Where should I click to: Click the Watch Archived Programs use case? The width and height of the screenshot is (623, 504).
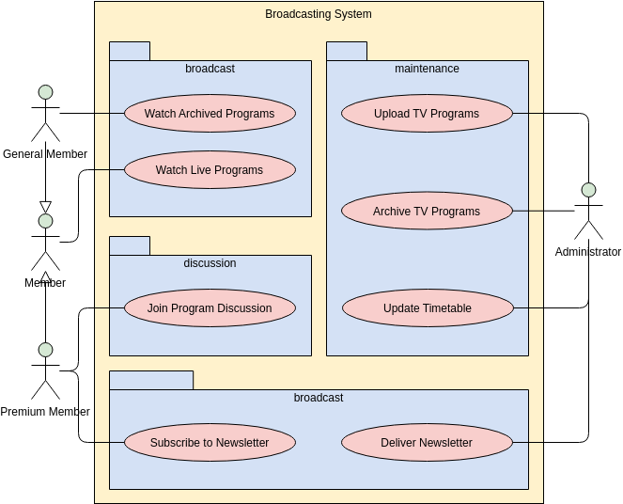coord(210,114)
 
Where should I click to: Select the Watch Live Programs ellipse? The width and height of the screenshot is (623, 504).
coord(210,170)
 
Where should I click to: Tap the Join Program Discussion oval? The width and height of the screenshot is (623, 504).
coord(210,308)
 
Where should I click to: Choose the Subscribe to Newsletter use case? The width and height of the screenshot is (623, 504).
coord(210,443)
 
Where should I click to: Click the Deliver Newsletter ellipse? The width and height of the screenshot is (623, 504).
coord(427,443)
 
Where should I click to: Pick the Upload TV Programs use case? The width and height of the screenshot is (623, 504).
coord(427,114)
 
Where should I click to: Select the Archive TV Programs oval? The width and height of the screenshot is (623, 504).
coord(427,212)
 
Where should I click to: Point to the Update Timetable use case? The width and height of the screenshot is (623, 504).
coord(427,308)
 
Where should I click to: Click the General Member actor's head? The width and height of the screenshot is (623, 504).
coord(45,92)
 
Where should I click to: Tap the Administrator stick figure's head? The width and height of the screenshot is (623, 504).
coord(589,190)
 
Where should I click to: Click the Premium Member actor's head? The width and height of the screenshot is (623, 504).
coord(45,350)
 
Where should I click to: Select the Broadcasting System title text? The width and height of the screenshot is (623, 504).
coord(319,14)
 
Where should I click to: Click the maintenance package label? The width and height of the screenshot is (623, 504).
coord(427,69)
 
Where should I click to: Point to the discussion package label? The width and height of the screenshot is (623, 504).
coord(210,263)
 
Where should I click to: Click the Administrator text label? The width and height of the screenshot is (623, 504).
coord(588,252)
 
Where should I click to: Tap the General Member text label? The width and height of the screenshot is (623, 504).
coord(45,154)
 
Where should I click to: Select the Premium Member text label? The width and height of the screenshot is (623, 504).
coord(45,412)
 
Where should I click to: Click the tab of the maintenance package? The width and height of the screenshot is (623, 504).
coord(347,51)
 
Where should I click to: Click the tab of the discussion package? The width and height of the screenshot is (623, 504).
coord(130,245)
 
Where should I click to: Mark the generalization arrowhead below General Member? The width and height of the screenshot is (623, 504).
coord(45,207)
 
